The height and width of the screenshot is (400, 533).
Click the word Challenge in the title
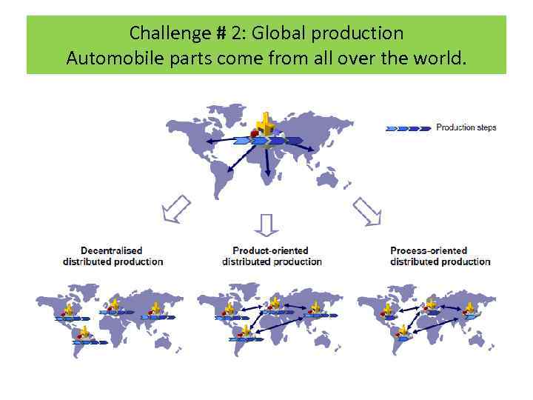click(160, 33)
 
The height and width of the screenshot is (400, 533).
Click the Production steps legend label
click(466, 127)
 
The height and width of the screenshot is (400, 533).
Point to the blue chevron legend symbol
click(408, 128)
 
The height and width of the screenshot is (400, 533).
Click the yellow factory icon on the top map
click(264, 121)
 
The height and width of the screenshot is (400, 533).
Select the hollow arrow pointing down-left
click(175, 209)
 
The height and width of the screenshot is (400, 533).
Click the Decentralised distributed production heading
click(113, 256)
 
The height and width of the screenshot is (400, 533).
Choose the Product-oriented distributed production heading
click(272, 256)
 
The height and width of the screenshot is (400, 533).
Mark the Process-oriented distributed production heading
click(440, 256)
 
